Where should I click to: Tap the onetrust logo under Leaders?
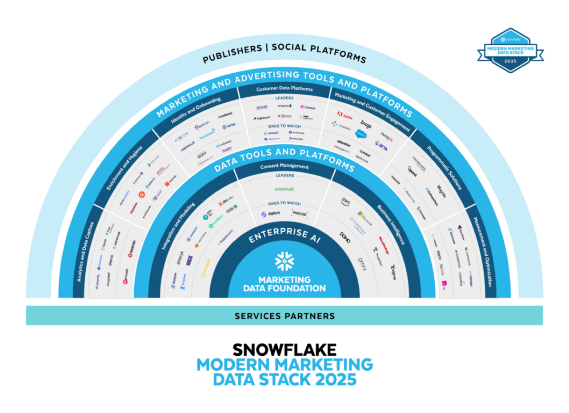(284, 189)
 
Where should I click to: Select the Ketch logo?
(270, 214)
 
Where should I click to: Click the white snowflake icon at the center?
(284, 262)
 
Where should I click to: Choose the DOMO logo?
(345, 237)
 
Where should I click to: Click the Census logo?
(307, 107)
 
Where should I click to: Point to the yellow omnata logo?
(206, 269)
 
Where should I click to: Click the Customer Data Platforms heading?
(284, 89)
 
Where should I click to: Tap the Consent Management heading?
(284, 167)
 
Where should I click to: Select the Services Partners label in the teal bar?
(284, 316)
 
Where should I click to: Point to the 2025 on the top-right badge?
(510, 60)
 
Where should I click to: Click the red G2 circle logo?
(141, 194)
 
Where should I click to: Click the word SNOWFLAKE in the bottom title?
(284, 349)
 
